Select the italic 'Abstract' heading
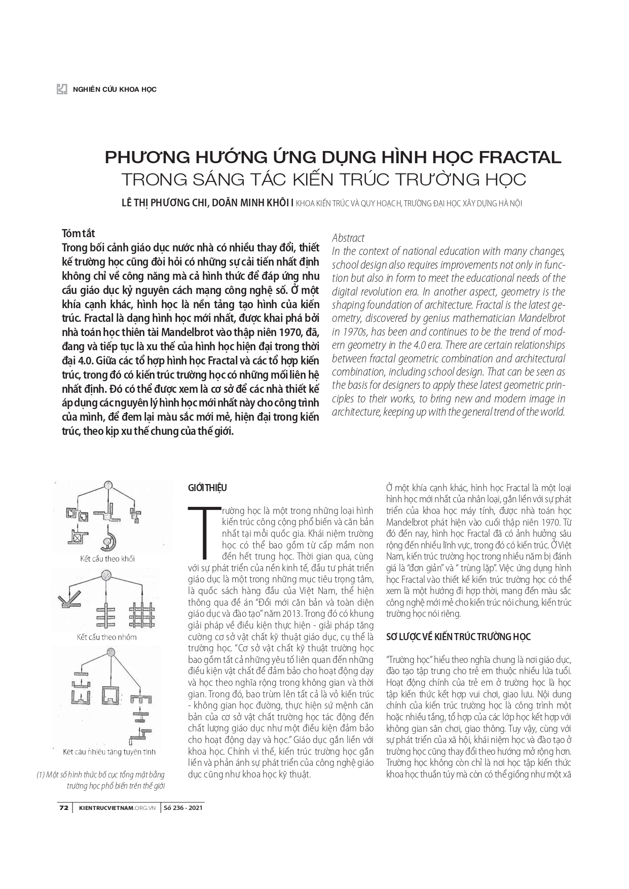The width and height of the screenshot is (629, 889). tap(348, 238)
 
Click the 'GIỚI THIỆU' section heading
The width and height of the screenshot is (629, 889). tap(207, 488)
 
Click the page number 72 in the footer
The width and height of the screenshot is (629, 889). tap(64, 808)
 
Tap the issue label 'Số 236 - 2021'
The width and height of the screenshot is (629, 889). tap(182, 808)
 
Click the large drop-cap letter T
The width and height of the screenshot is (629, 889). tap(205, 530)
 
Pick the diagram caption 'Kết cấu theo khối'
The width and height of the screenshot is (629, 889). tap(107, 559)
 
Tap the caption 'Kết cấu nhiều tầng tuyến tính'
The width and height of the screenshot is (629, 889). tap(109, 752)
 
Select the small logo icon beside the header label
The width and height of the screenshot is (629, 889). tap(62, 89)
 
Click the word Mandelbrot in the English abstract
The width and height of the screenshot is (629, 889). tap(538, 318)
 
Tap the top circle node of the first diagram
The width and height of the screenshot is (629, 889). tap(108, 486)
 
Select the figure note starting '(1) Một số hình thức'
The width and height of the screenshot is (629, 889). tap(101, 781)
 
